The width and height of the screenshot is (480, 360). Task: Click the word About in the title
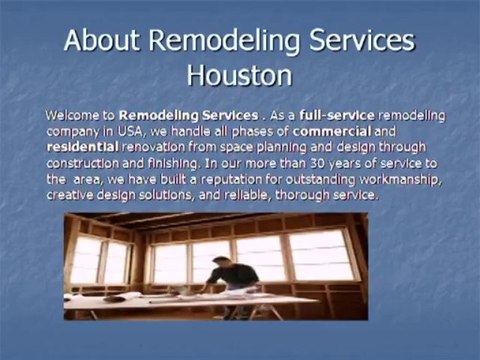[103, 41]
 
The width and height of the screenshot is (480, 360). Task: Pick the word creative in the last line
[72, 195]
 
